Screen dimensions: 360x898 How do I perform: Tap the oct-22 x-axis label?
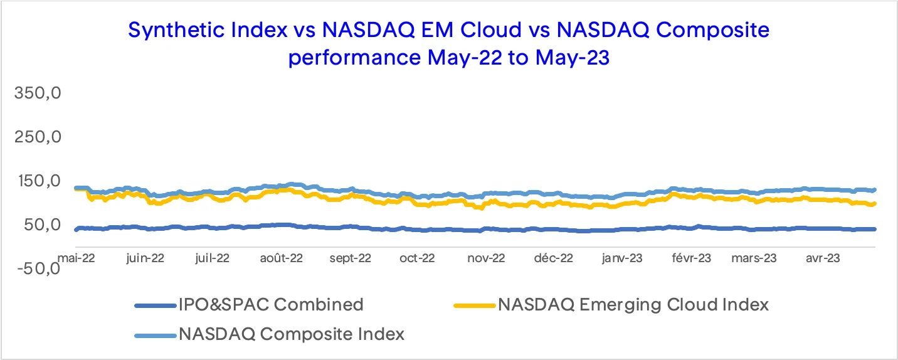(x=418, y=258)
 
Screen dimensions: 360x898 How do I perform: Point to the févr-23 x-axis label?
(x=692, y=258)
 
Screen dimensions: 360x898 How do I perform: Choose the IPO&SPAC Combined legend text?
(x=271, y=305)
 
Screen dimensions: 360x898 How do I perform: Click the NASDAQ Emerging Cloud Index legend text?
(x=633, y=305)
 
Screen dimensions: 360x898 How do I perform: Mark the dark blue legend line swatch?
(x=154, y=305)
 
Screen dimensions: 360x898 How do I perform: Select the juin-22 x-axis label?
(x=145, y=258)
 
